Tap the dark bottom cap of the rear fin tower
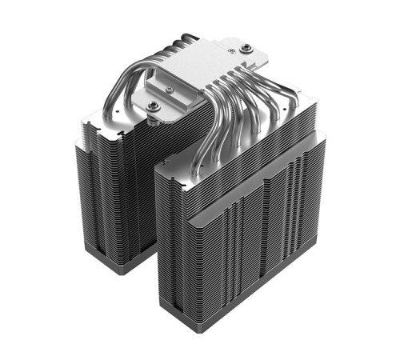click(120, 260)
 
